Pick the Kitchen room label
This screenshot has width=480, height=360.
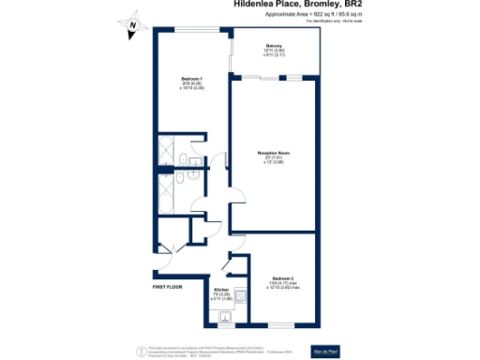click(x=221, y=291)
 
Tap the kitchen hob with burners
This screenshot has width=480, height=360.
click(x=241, y=297)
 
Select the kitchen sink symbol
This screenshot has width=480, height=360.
click(x=225, y=320)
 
